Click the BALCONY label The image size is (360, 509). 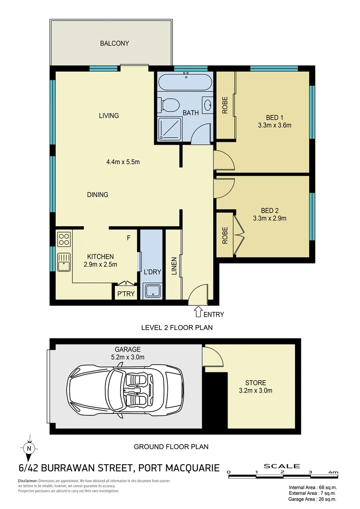(x=114, y=43)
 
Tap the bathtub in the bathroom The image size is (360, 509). (x=185, y=82)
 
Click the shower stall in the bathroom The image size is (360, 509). (x=169, y=128)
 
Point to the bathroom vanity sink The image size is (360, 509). (x=208, y=105)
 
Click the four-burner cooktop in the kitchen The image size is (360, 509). (x=64, y=239)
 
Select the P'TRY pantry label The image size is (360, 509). (x=126, y=294)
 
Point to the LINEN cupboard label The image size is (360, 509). (x=174, y=266)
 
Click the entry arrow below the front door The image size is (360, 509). (x=198, y=312)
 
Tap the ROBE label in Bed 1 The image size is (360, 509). (x=225, y=105)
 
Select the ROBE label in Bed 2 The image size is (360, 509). (x=225, y=235)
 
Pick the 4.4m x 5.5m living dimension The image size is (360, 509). (x=123, y=162)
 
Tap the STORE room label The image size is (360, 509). (x=255, y=383)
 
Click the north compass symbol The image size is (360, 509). (x=29, y=449)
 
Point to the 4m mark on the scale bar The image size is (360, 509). (x=333, y=472)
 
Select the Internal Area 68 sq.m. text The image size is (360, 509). (x=312, y=487)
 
